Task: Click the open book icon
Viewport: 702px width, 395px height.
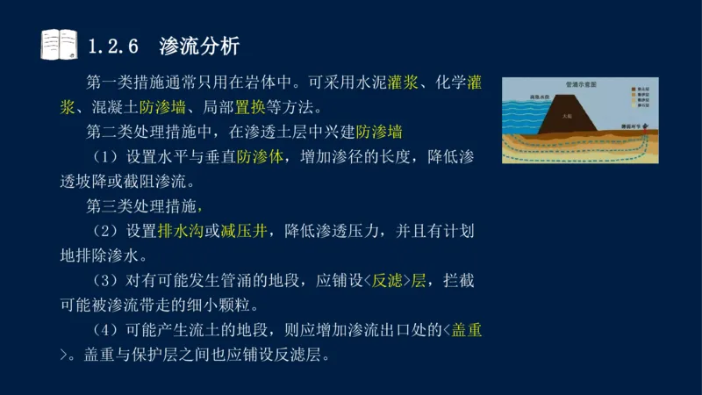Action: (x=59, y=43)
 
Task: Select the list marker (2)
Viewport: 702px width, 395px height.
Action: (x=104, y=232)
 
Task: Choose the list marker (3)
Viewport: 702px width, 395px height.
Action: (x=104, y=282)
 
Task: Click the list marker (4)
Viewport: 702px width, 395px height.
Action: (x=104, y=331)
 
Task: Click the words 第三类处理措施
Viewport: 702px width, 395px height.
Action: (x=140, y=207)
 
